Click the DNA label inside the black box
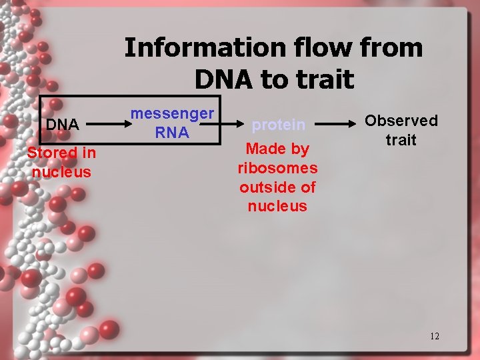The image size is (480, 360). [x=62, y=125]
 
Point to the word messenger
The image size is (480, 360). [x=172, y=114]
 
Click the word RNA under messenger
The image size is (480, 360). [x=172, y=133]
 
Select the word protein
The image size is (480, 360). [x=278, y=125]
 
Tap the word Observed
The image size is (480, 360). [x=401, y=121]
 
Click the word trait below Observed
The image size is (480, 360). [x=401, y=140]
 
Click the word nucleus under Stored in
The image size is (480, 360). [x=61, y=172]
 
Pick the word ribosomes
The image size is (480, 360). [x=277, y=168]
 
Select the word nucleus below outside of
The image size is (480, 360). [x=277, y=206]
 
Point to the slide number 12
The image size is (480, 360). [x=434, y=336]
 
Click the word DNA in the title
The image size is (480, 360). [x=225, y=79]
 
